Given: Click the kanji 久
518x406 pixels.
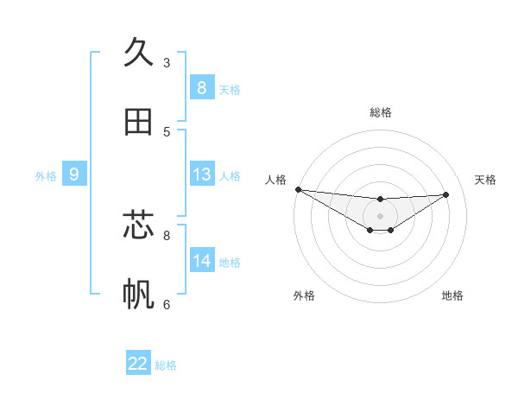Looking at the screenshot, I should point(138,54).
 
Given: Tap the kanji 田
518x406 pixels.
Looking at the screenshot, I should point(138,122).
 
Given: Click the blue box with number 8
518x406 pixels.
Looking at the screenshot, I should point(202,87).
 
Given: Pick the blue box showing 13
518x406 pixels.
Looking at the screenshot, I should point(202,174).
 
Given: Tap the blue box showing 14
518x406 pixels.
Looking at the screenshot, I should point(202,260).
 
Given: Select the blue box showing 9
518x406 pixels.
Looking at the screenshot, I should point(74,174).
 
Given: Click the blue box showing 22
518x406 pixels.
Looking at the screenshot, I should point(138,364).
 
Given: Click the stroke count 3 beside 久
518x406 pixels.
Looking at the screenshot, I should point(167,63).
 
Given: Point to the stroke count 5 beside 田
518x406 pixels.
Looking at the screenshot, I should point(167,132).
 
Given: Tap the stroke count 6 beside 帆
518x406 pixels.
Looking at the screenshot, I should point(167,304).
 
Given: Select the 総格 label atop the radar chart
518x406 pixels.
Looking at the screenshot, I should point(381,112).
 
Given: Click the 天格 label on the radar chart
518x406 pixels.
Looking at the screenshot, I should point(486,180).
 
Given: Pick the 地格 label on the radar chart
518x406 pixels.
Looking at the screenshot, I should point(452,295).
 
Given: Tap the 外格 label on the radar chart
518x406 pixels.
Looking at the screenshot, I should point(304,295).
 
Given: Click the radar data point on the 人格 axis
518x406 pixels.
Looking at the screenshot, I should point(298,189).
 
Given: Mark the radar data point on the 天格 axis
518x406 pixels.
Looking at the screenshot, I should point(446,194).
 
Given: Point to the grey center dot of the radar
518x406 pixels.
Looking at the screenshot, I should point(380,216).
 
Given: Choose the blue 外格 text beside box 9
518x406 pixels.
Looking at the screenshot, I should point(46,176).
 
